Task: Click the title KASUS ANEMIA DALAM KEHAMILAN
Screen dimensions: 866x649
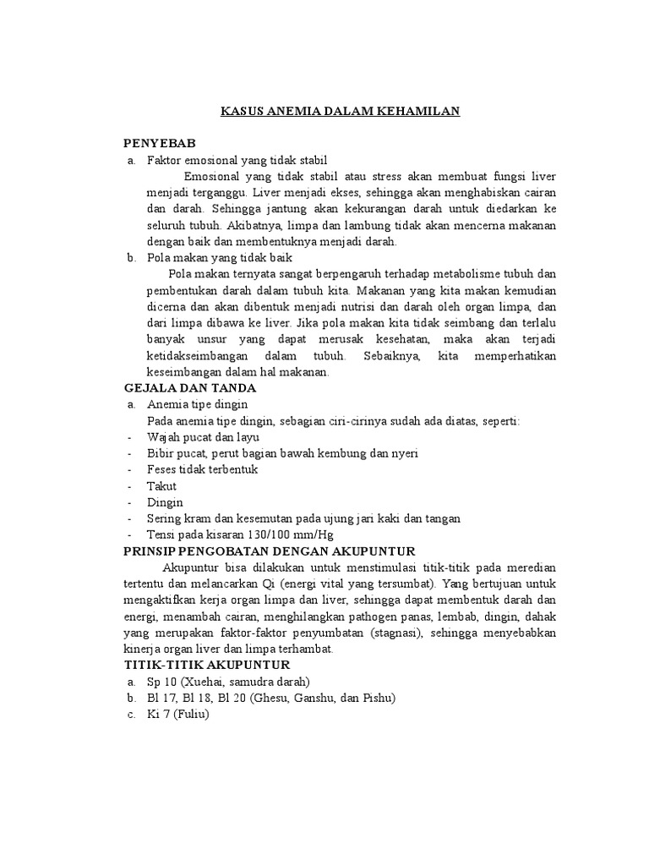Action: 340,111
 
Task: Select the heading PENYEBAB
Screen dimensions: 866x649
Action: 159,144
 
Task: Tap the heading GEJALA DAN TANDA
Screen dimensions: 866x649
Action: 188,387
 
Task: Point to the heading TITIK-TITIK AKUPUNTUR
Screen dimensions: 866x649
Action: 206,665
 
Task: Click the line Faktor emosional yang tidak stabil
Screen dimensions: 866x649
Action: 236,160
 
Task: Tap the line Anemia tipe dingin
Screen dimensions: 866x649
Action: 197,404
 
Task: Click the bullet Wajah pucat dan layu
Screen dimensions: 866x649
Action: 203,437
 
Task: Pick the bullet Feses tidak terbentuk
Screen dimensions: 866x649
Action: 202,469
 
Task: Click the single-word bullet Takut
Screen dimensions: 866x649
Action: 161,486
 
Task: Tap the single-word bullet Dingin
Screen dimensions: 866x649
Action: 164,502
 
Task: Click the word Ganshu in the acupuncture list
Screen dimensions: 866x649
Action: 298,698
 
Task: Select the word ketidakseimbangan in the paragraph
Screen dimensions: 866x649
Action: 197,355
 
